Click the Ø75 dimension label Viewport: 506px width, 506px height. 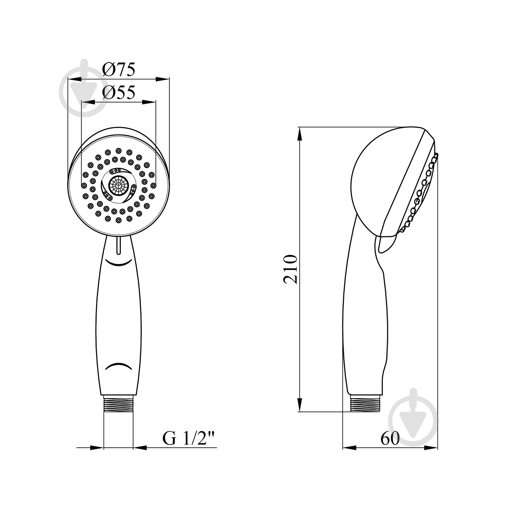pyautogui.click(x=119, y=70)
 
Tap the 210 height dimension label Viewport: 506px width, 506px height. pyautogui.click(x=290, y=269)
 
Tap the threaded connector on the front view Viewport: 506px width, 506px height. pyautogui.click(x=118, y=404)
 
